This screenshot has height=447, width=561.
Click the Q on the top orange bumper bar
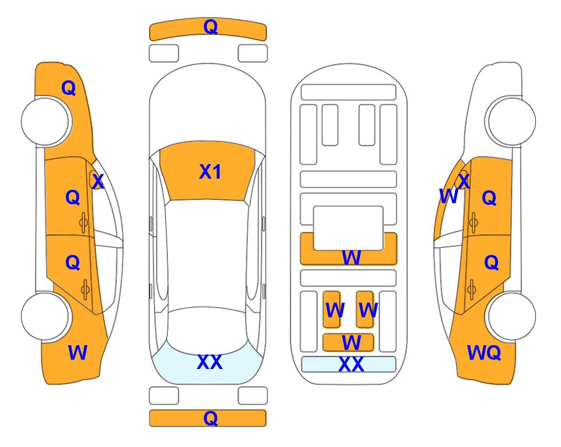(210, 27)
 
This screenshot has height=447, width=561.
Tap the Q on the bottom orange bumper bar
(210, 418)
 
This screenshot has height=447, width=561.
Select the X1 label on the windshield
(210, 172)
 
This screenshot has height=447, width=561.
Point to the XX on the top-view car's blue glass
(210, 362)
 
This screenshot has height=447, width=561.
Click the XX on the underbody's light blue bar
(351, 364)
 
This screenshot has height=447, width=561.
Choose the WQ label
(484, 353)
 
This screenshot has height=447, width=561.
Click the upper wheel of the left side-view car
(45, 122)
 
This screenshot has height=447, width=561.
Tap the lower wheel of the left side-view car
(45, 317)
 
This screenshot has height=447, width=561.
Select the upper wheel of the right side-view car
(511, 122)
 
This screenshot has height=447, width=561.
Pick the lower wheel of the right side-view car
(511, 317)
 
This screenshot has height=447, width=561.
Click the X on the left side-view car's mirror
(98, 181)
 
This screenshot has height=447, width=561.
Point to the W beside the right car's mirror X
(449, 196)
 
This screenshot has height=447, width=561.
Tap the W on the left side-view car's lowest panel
(77, 353)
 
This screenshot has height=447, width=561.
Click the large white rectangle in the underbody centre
(348, 228)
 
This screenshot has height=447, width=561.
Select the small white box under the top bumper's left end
(164, 54)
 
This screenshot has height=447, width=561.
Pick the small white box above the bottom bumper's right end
(253, 396)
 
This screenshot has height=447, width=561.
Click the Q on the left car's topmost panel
(69, 88)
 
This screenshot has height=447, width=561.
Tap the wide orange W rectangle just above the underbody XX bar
(348, 343)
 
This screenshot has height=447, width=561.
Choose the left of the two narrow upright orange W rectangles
(332, 309)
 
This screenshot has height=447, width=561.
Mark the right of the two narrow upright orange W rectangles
(365, 309)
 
